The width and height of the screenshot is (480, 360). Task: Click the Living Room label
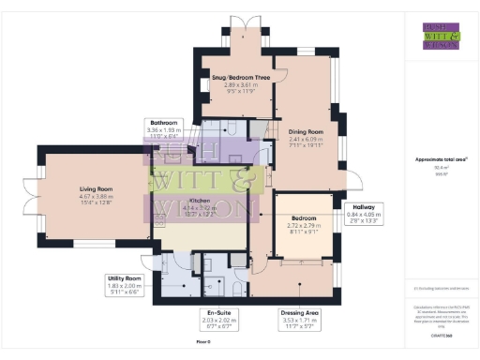96,188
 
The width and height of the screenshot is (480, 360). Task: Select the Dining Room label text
306,132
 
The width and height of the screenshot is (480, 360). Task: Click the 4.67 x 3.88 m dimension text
96,197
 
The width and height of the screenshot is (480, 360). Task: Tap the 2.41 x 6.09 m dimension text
306,140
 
